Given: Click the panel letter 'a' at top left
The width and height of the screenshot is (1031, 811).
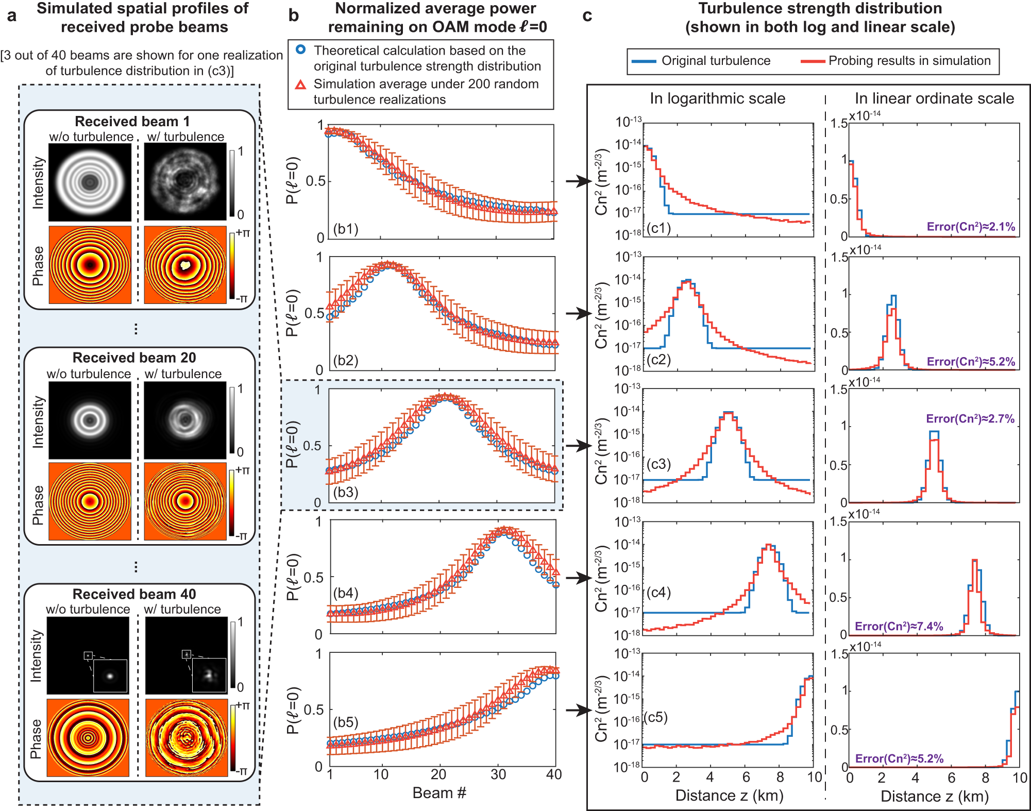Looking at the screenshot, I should [x=11, y=16].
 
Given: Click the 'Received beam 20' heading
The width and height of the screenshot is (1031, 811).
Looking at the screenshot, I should [x=134, y=358].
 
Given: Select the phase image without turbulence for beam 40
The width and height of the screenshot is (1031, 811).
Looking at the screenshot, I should [x=88, y=737].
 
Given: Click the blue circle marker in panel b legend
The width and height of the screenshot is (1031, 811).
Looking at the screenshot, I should [x=301, y=50].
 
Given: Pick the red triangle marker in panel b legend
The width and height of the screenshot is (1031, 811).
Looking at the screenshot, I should [x=301, y=85].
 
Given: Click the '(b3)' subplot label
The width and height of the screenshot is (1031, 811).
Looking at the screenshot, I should [x=345, y=492].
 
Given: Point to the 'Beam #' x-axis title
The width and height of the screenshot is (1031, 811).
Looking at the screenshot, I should [x=439, y=793].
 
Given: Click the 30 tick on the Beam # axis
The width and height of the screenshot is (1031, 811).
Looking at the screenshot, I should [x=498, y=774].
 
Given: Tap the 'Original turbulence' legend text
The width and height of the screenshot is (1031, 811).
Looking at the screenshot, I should [x=716, y=61].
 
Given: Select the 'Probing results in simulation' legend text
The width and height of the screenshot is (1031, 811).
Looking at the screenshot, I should [x=909, y=61].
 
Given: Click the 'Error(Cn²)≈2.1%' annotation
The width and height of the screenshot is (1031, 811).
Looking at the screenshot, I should [x=971, y=227].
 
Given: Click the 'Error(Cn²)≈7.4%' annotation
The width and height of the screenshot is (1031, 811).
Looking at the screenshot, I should [x=899, y=626].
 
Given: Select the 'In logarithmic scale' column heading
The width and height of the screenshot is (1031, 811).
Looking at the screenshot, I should [x=717, y=98].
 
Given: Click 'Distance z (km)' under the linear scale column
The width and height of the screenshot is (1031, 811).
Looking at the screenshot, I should [x=934, y=797].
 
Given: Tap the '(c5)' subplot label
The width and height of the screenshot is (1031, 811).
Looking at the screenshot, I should [x=656, y=717].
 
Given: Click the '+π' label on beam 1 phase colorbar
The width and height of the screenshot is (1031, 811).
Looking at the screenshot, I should [x=243, y=233].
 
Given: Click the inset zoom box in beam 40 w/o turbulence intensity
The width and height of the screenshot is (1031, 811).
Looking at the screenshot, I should [x=110, y=675].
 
